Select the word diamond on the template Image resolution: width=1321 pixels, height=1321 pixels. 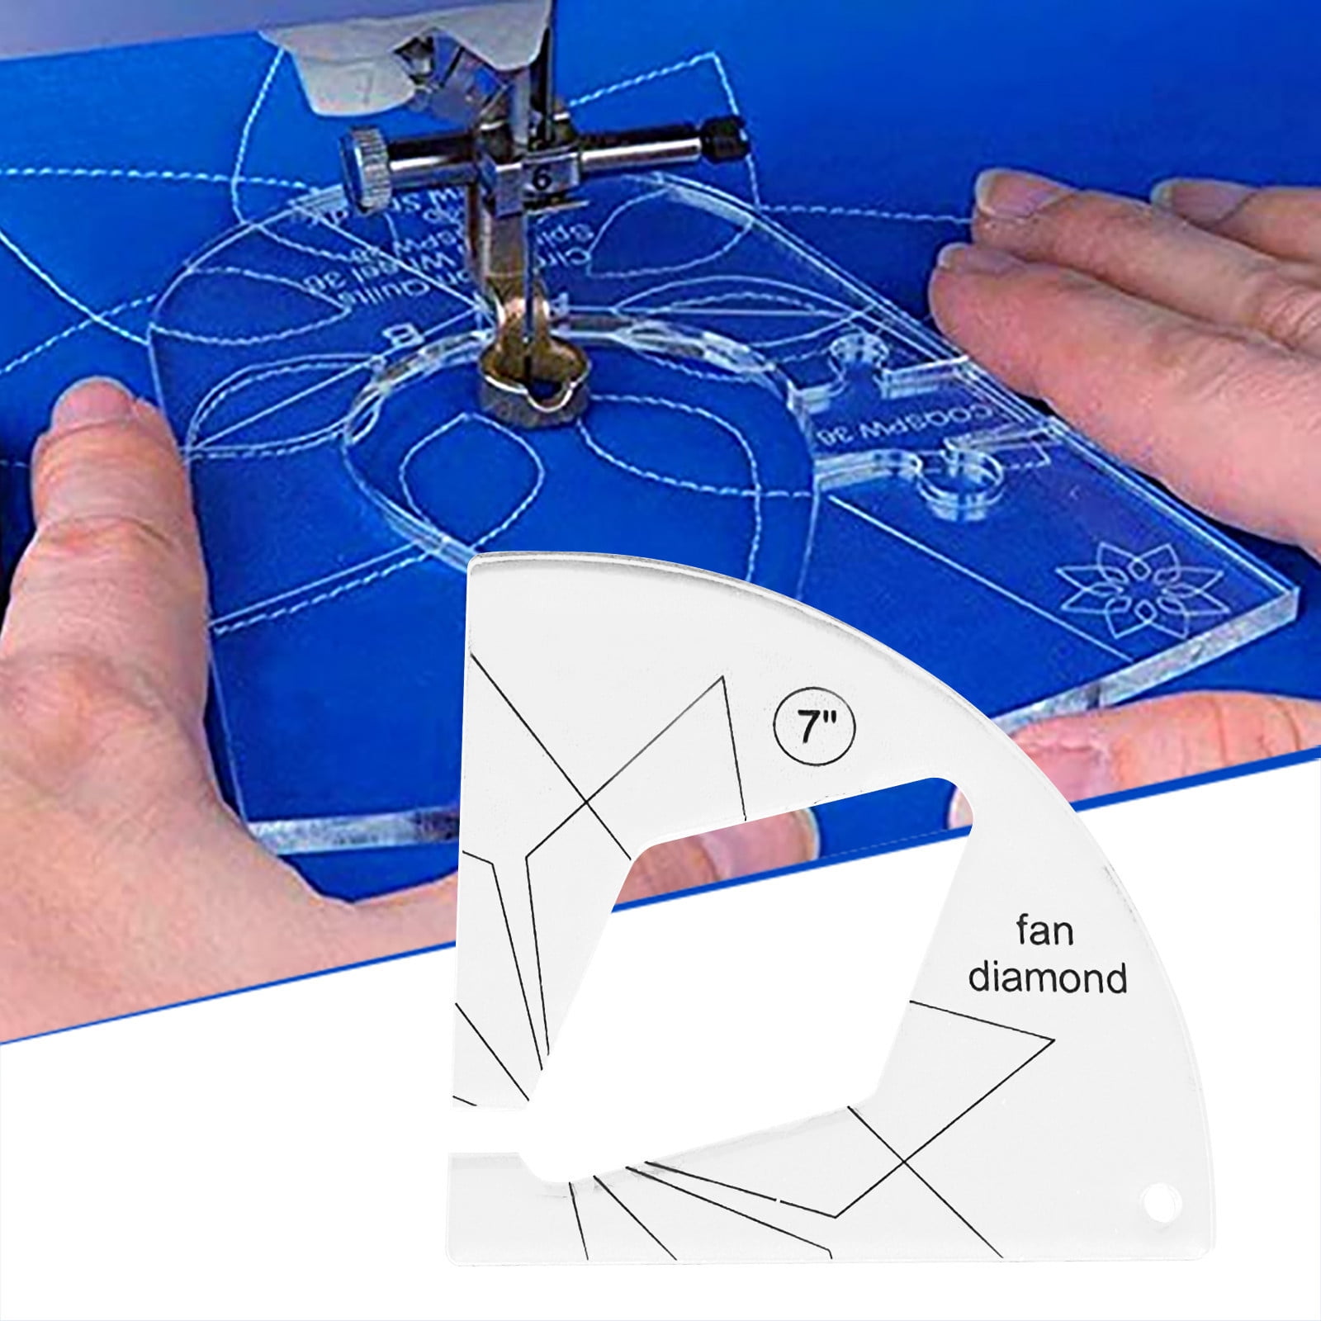click(x=1048, y=978)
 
